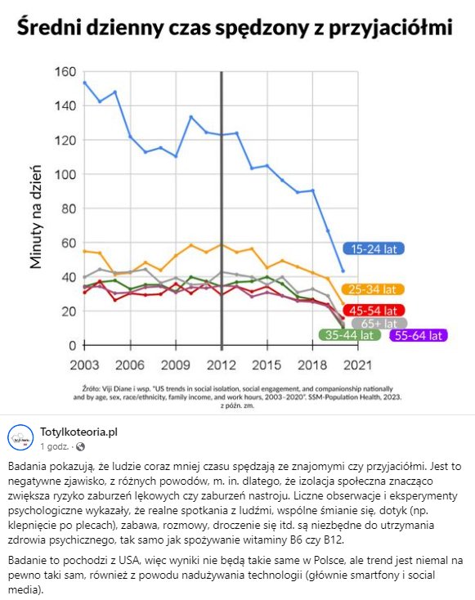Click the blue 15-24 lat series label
(x=374, y=249)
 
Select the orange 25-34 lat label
(x=373, y=289)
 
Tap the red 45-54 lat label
(x=374, y=310)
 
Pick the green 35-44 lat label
(x=349, y=335)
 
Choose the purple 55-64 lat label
(x=419, y=336)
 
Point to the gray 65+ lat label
(x=379, y=324)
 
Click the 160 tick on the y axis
(x=65, y=72)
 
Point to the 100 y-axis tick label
(x=65, y=174)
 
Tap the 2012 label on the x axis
(x=222, y=365)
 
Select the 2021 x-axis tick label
(x=358, y=365)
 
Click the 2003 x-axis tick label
(x=84, y=365)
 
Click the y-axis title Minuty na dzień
(x=36, y=217)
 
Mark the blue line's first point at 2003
(x=84, y=83)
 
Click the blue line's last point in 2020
(x=343, y=271)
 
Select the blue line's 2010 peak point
(x=191, y=117)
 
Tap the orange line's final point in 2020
(x=343, y=304)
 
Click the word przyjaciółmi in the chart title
(x=391, y=28)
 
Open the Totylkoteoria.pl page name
(x=78, y=432)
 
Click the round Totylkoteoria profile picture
(x=20, y=438)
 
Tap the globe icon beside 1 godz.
(x=80, y=446)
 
